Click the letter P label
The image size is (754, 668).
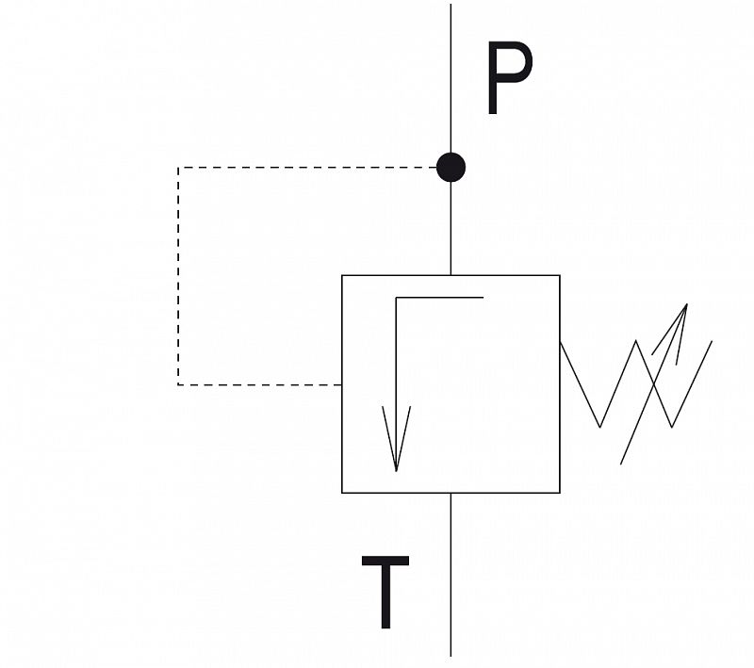(509, 78)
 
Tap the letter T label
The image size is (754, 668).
(385, 592)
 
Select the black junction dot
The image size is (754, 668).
(451, 168)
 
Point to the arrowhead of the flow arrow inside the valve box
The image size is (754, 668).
(396, 470)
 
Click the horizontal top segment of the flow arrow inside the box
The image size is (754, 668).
(439, 298)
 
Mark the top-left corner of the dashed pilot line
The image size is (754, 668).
(178, 168)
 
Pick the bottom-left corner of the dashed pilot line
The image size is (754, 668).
(178, 384)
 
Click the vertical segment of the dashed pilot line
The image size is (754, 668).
(178, 276)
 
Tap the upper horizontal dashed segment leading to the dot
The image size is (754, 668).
(307, 168)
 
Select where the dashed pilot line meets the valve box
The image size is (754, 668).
(342, 384)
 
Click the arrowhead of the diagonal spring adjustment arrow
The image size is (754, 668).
(687, 304)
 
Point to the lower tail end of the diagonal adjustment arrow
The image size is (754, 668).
(620, 464)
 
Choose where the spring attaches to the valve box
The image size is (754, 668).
(560, 342)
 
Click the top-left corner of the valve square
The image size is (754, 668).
(342, 275)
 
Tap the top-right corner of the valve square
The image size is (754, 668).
(560, 275)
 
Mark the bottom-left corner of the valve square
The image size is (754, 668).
(342, 493)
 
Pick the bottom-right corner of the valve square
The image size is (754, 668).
(560, 493)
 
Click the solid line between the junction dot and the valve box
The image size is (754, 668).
(451, 229)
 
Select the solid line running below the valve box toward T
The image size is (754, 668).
(451, 575)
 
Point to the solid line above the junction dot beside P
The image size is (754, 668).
(451, 78)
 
